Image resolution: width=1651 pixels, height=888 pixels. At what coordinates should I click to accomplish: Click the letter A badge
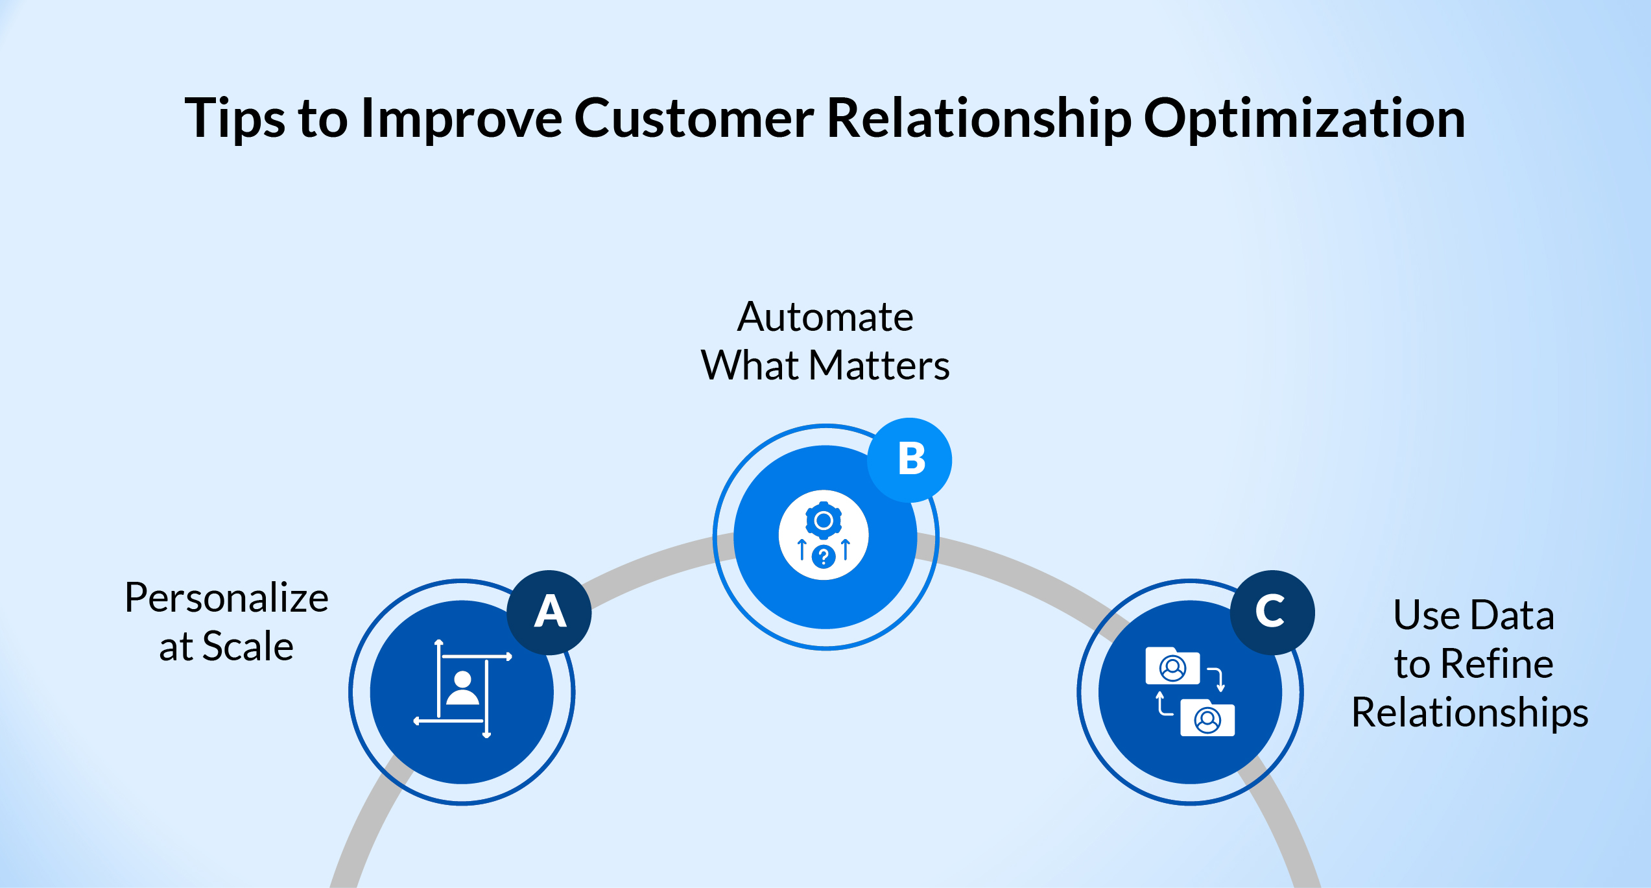(549, 612)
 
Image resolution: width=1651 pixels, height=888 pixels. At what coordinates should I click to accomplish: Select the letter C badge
(1272, 612)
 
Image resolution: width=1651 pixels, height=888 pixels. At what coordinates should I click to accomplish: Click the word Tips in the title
(234, 119)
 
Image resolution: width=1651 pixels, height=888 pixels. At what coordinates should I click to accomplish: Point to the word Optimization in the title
(1304, 119)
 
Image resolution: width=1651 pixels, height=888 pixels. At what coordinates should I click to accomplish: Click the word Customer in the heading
(693, 119)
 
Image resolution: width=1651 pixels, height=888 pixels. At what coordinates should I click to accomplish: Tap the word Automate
(825, 317)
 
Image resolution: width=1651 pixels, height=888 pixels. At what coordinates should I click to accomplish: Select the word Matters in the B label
(879, 365)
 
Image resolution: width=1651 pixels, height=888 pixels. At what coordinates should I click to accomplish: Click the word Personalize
(226, 598)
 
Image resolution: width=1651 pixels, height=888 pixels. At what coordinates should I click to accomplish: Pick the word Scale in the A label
(248, 647)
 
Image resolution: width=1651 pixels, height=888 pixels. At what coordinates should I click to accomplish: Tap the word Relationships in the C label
(1469, 713)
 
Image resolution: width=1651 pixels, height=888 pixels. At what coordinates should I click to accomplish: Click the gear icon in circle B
(824, 520)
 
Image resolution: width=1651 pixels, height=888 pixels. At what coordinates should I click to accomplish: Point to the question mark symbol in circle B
(824, 557)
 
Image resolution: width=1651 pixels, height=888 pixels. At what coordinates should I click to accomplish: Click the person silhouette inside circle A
(462, 689)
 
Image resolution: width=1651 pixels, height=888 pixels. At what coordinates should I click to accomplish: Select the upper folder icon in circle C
(1172, 666)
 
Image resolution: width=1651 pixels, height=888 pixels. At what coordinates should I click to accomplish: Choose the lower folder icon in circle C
(1207, 718)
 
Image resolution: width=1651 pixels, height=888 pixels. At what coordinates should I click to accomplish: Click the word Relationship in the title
(979, 119)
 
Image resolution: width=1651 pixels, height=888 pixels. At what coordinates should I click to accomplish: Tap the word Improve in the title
(461, 119)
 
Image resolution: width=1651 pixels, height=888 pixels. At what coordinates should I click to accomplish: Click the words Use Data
(1473, 615)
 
